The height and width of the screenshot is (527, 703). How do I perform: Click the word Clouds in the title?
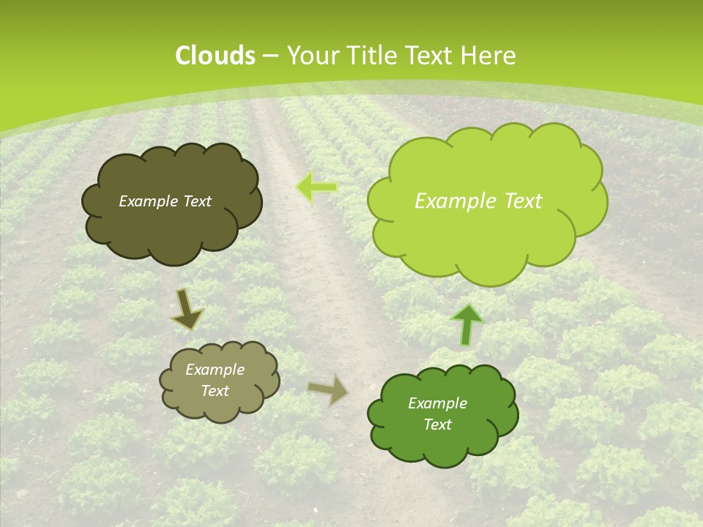(x=215, y=56)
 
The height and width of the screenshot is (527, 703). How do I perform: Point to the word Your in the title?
(x=310, y=56)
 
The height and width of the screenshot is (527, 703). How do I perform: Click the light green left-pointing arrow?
(x=316, y=188)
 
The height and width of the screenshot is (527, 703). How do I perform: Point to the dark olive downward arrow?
(x=187, y=309)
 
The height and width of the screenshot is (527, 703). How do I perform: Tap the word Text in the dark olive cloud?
(x=198, y=201)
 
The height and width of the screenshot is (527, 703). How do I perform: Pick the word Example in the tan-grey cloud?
(x=215, y=370)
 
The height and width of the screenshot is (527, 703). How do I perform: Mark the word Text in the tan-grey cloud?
(x=215, y=391)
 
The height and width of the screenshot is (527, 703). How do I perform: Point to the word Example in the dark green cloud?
(x=437, y=403)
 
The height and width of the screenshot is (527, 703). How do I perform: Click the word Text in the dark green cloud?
(x=437, y=425)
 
